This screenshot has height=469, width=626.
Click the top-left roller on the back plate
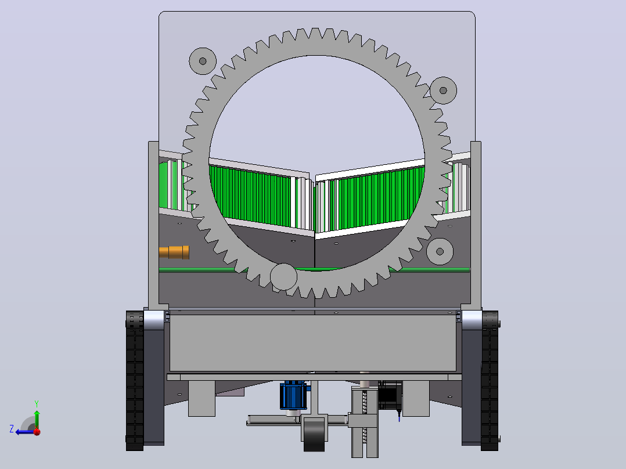pos(203,61)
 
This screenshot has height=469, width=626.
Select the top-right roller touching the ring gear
pos(443,91)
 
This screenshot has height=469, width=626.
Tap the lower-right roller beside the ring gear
pos(440,251)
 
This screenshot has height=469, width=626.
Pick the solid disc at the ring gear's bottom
pos(284,277)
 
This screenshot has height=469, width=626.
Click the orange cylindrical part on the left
pos(174,252)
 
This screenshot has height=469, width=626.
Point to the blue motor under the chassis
pos(293,395)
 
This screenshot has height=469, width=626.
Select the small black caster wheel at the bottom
pos(314,435)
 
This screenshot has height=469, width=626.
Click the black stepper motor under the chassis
pos(390,395)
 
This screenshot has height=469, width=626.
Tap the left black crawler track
pos(135,381)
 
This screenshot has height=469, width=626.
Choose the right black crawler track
pos(490,381)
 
